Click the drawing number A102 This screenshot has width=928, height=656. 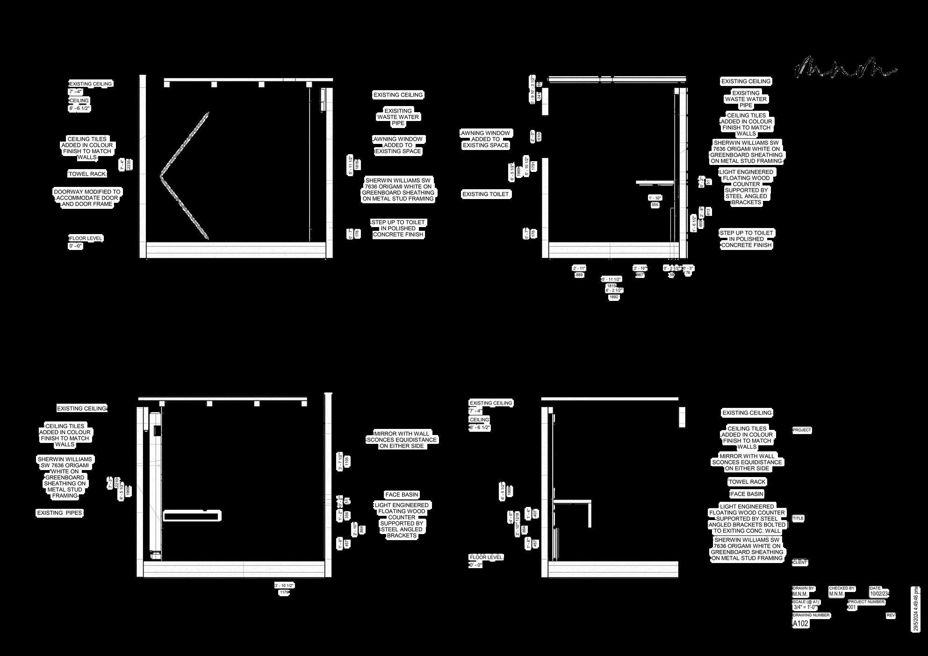pos(801,623)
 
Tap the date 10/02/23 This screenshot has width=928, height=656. pos(879,594)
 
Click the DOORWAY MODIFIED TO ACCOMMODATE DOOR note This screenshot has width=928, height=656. pos(87,198)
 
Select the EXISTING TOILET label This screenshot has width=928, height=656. pos(485,194)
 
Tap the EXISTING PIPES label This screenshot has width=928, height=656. pos(59,513)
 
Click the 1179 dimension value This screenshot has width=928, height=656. pos(284,592)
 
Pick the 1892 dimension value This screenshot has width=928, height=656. pos(613,297)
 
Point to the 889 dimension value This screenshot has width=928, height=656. pos(579,275)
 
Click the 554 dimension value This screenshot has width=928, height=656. pos(655,205)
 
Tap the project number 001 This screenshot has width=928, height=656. pos(852,607)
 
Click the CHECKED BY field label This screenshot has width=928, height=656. pos(842,588)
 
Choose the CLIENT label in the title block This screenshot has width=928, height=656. pos(800,563)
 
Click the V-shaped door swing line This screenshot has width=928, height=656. pos(184,176)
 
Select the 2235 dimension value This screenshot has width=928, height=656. pos(129,164)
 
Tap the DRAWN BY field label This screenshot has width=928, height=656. pos(804,588)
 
